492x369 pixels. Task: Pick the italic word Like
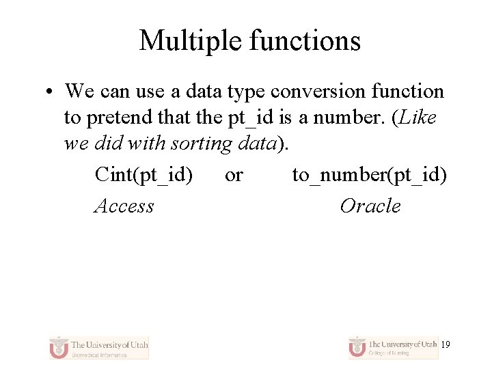(x=418, y=118)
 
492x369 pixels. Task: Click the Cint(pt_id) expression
(x=143, y=175)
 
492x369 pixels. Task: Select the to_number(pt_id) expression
(x=370, y=175)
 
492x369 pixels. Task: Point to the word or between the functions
(x=234, y=176)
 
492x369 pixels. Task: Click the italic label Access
(x=124, y=206)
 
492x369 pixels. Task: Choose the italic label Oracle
(x=370, y=206)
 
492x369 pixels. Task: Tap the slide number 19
(x=446, y=345)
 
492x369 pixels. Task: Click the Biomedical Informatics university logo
(x=99, y=347)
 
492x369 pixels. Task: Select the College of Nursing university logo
(x=392, y=347)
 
